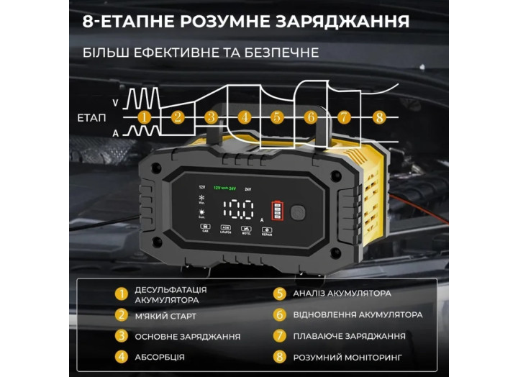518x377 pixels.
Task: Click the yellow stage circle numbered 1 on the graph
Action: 144,117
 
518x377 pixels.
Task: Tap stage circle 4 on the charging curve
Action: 245,117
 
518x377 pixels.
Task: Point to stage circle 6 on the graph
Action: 311,117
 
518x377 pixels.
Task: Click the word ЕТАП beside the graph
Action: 91,117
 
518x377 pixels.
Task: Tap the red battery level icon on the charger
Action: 278,211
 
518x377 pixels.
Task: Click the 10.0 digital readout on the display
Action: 238,210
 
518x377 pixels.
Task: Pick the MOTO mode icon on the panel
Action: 245,228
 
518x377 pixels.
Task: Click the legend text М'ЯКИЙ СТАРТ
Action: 165,315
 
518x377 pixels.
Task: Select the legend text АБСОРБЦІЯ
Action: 160,356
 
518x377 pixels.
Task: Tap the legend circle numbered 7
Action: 281,335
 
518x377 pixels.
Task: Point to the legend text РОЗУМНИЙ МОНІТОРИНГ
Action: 347,356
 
